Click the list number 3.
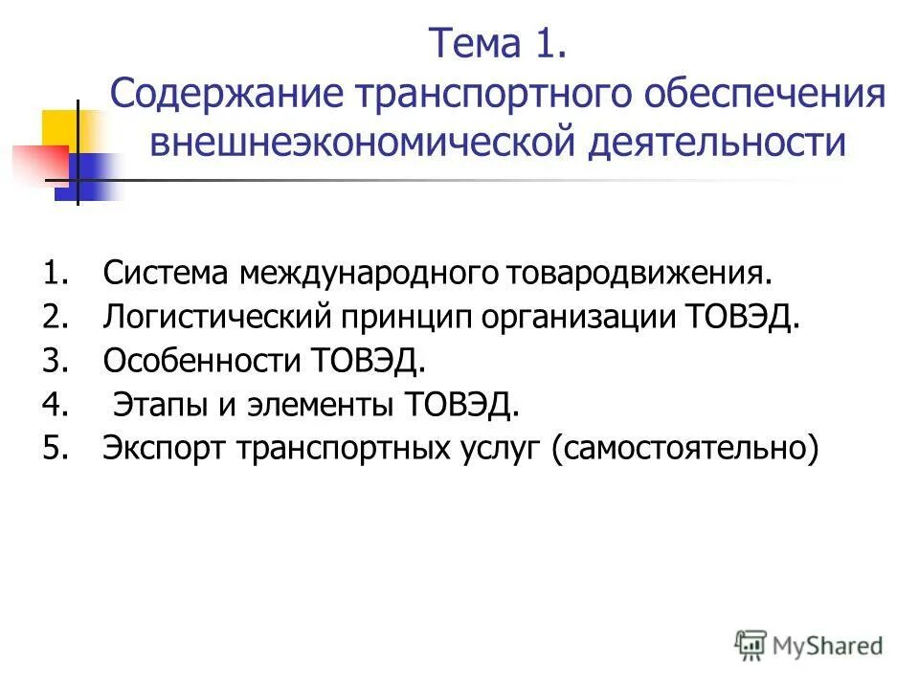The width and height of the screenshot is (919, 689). coord(54,362)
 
